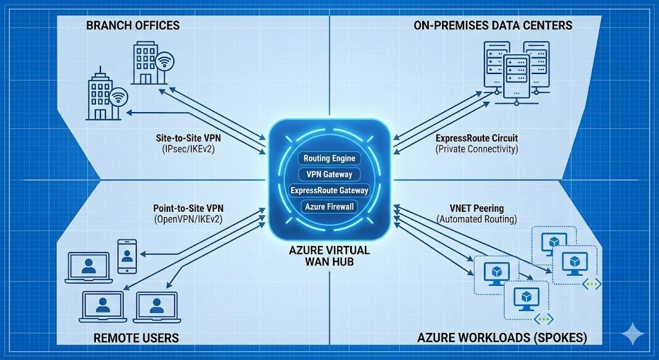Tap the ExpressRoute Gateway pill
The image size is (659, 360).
click(329, 191)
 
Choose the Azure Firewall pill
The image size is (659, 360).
click(329, 207)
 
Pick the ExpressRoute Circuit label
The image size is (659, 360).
click(476, 138)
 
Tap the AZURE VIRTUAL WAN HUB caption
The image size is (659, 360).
click(330, 254)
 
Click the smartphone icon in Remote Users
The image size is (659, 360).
click(127, 256)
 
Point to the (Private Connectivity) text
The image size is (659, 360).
click(476, 149)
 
